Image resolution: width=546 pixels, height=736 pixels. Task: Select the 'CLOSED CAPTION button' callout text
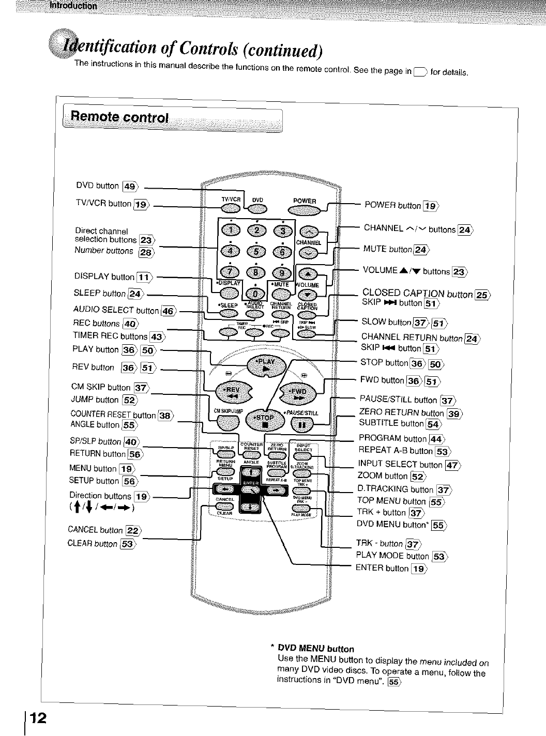click(417, 294)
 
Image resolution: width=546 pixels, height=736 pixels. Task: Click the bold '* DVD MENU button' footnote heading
click(315, 648)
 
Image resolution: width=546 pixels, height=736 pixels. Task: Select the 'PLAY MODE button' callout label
click(392, 556)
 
